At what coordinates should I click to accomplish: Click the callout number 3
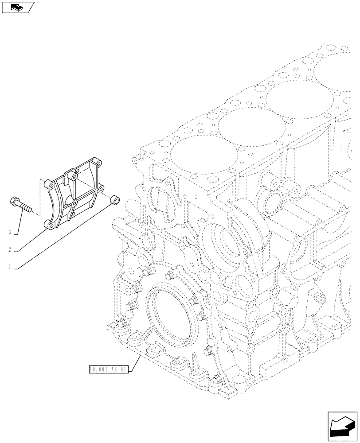[9, 232]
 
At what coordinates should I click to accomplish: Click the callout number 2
[9, 249]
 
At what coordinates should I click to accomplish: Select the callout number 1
[9, 267]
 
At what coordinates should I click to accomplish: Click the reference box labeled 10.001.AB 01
[108, 369]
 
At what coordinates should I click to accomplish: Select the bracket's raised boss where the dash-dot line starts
[76, 176]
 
